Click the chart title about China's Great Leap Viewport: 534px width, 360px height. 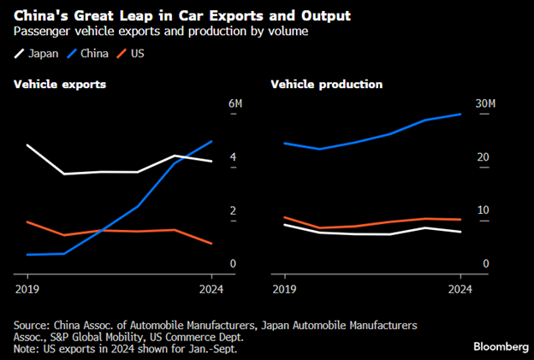(183, 16)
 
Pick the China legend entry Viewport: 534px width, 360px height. (92, 54)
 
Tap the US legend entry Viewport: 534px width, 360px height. (138, 54)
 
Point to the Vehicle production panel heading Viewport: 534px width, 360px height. (327, 85)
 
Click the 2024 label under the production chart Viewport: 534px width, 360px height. (460, 289)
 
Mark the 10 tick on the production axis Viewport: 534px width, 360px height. (484, 210)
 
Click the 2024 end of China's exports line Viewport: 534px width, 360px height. (211, 141)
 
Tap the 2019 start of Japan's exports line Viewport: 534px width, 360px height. (27, 145)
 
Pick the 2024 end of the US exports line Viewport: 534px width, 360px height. (211, 244)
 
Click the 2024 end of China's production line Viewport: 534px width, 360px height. (461, 114)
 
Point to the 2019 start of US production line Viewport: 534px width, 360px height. (283, 217)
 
